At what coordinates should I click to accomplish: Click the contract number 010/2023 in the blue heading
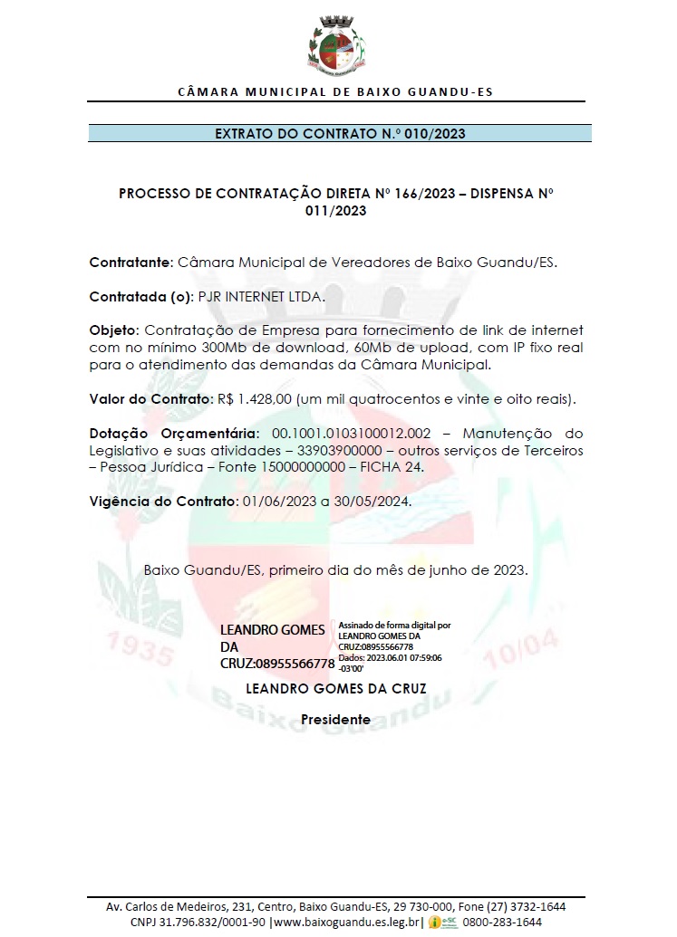[436, 134]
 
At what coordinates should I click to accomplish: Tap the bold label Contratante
[130, 263]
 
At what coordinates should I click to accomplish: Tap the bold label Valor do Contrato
[150, 398]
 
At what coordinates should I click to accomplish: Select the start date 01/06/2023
[275, 501]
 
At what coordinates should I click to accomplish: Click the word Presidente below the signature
[335, 719]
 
